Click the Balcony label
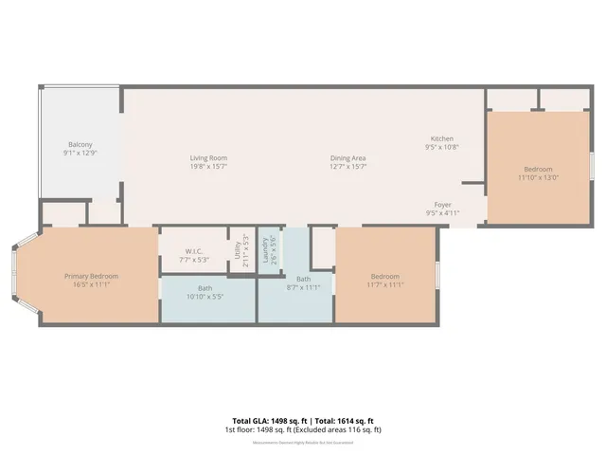coord(80,145)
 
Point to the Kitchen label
coord(442,138)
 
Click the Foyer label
coord(442,205)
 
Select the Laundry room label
coord(265,250)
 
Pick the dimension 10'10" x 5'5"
coord(205,298)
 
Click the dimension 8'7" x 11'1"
coord(303,287)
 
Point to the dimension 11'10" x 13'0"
coord(538,177)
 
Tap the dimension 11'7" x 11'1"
coord(385,284)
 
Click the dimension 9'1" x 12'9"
coord(80,153)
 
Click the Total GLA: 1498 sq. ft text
coord(268,420)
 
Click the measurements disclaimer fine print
coord(303,442)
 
